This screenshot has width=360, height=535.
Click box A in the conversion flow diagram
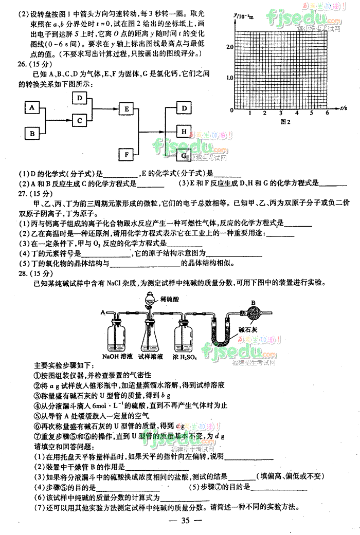pos(32,108)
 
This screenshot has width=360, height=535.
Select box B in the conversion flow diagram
pos(32,134)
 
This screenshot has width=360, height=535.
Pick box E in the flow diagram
pos(126,108)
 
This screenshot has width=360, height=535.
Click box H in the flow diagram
pos(184,132)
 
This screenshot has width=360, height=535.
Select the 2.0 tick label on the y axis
pos(229,47)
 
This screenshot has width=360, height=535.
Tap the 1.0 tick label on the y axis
pos(229,78)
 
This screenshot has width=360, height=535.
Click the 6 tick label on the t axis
pos(327,114)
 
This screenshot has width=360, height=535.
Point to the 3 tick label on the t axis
pos(280,114)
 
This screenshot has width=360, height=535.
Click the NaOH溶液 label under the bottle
pos(117,356)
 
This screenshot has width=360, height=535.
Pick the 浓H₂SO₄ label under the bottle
pos(192,356)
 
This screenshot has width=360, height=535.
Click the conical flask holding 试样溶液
pos(154,337)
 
